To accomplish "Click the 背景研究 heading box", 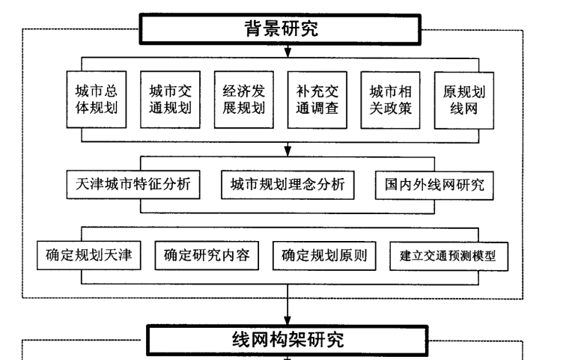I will [282, 30].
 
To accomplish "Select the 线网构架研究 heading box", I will [285, 340].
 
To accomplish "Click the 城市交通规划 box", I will [169, 102].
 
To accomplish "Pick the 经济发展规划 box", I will [243, 102].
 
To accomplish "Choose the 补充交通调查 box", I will [316, 102].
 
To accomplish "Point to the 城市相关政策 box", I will [390, 102].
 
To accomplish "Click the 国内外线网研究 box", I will [434, 185].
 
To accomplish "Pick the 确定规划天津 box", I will [89, 255].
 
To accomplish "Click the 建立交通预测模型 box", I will [448, 256].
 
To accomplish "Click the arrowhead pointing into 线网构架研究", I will [287, 320].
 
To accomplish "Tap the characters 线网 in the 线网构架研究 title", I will [248, 340].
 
